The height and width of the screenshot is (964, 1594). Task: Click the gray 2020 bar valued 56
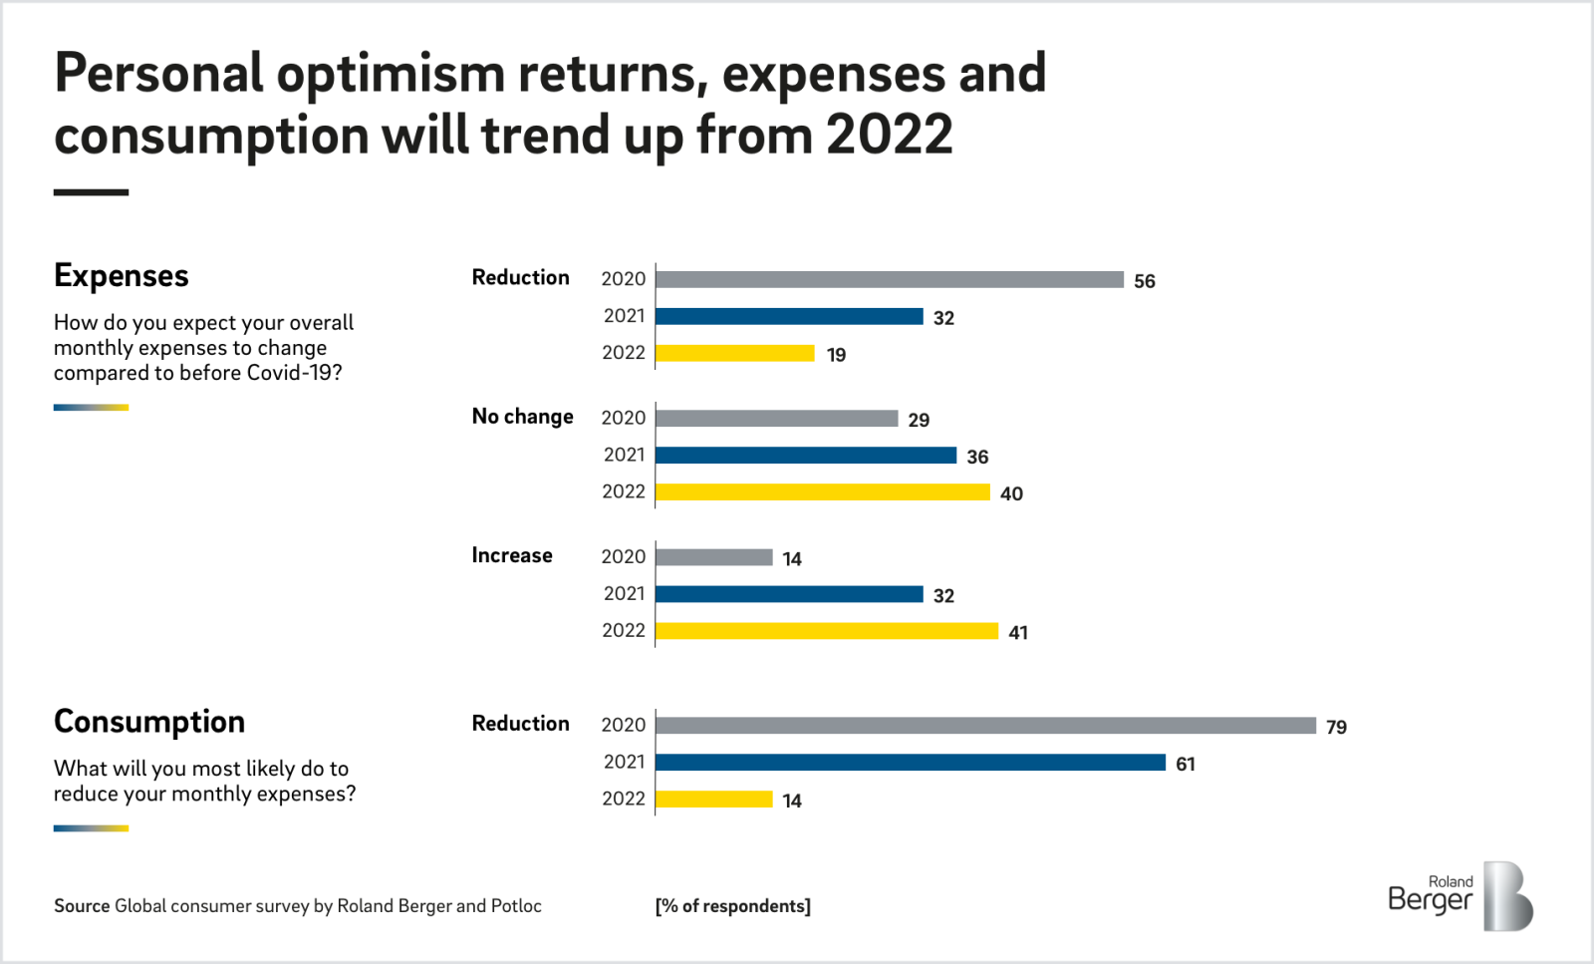[889, 279]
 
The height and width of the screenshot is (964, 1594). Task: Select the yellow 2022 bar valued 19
[734, 353]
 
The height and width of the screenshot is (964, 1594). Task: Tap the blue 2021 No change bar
[805, 456]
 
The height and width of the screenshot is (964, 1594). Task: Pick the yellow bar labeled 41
[826, 631]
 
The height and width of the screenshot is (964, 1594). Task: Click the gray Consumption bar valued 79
[985, 726]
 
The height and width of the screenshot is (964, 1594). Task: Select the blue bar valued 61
[910, 763]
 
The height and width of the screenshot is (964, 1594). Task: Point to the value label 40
[1011, 493]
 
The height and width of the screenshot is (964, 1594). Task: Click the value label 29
[919, 420]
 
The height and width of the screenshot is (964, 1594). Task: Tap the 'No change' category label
[522, 417]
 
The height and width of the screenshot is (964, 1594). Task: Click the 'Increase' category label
[512, 555]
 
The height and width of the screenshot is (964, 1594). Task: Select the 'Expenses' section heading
[122, 276]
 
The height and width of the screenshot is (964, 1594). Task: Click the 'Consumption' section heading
[149, 722]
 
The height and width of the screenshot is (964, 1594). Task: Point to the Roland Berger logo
[1460, 896]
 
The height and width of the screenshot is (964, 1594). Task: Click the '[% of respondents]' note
[732, 906]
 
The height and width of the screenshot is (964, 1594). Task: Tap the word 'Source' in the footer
[82, 906]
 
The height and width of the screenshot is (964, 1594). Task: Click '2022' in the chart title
[889, 135]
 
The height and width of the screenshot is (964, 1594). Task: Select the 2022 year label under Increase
[624, 630]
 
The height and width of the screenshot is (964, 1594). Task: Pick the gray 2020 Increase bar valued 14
[713, 557]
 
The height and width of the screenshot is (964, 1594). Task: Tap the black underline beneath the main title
[91, 192]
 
